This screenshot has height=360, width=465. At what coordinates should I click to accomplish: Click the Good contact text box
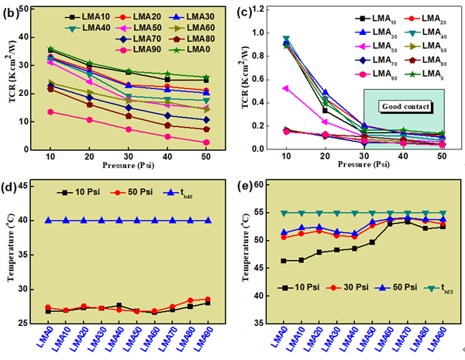(x=405, y=106)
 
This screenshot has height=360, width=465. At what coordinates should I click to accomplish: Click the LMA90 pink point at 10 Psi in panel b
(x=51, y=111)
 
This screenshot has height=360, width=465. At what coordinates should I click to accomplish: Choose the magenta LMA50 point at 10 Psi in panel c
(x=286, y=88)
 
